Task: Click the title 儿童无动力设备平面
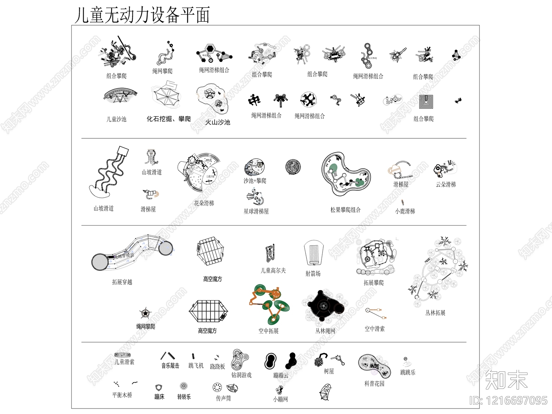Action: [x=142, y=15]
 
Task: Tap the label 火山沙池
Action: [x=217, y=122]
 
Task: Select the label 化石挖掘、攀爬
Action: [x=169, y=119]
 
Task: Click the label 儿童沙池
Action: [x=116, y=119]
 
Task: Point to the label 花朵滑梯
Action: [x=204, y=203]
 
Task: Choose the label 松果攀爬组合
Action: [x=345, y=210]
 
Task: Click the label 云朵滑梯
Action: [x=446, y=185]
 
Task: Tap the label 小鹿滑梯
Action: [x=405, y=211]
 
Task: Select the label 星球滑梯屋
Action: [x=256, y=211]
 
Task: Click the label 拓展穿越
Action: [x=122, y=282]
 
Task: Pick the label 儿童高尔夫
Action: [x=273, y=271]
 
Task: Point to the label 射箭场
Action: [x=313, y=274]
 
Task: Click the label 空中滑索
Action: [x=374, y=329]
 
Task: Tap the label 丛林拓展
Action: [x=435, y=313]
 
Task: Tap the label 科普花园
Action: [x=374, y=384]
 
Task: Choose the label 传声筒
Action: [x=223, y=398]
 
